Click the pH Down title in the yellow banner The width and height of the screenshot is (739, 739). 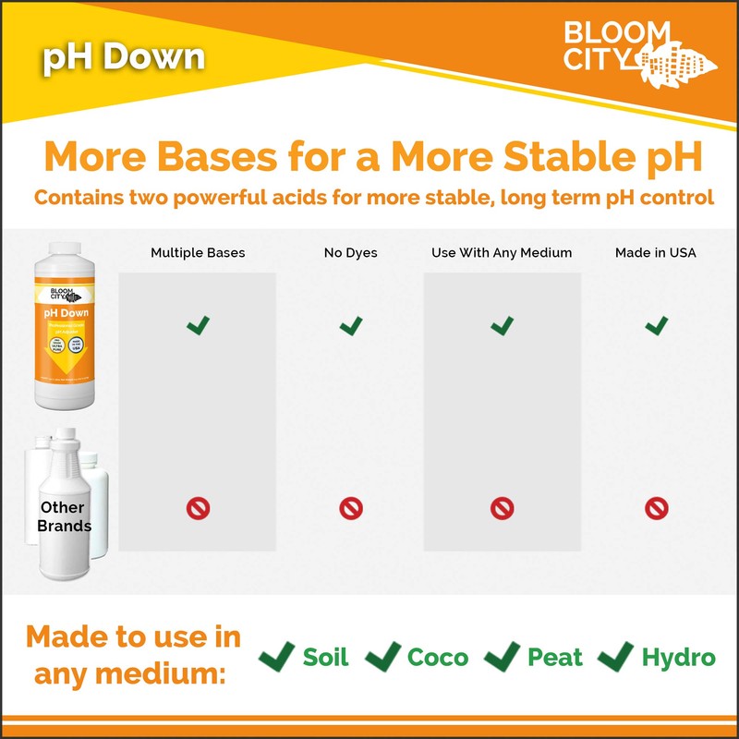pos(123,57)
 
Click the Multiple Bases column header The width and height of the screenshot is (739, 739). pos(198,252)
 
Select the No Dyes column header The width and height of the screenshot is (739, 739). pos(350,252)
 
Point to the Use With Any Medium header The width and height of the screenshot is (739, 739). pos(502,252)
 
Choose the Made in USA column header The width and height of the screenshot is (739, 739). pos(656,252)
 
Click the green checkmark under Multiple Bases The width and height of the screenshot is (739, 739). pos(198,325)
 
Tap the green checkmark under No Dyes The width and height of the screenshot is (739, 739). pos(351,325)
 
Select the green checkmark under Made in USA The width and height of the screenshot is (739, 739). pos(656,325)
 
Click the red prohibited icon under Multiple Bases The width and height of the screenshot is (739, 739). pos(199,507)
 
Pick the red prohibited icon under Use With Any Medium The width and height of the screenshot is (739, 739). pos(502,507)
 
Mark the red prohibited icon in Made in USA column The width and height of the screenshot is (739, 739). pos(656,507)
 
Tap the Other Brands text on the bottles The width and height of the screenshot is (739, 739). pos(64,516)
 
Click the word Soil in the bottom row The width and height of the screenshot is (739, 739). pos(326,657)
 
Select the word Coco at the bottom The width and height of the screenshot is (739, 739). pos(438,657)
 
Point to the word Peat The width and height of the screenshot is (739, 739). pos(554,657)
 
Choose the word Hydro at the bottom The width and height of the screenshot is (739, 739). pos(678,657)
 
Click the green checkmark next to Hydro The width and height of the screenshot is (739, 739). pos(614,656)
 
